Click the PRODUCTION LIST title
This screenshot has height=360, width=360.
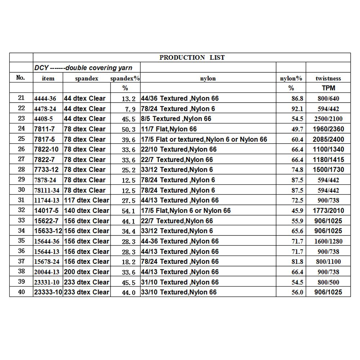coord(192,58)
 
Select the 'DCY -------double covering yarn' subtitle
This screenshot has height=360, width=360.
coord(83,68)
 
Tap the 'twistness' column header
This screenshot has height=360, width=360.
coord(328,78)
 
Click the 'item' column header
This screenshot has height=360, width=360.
coord(48,78)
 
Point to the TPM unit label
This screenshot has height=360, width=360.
coord(328,88)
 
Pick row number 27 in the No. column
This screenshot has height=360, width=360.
coord(21,159)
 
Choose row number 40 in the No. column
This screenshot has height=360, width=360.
coord(21,292)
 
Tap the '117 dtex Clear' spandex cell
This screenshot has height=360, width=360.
coord(86,200)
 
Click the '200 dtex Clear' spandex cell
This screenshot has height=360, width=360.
coord(86,272)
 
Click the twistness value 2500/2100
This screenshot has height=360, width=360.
coord(328,119)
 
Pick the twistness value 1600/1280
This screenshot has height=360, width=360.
coord(328,241)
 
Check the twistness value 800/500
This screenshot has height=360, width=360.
coord(328,282)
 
